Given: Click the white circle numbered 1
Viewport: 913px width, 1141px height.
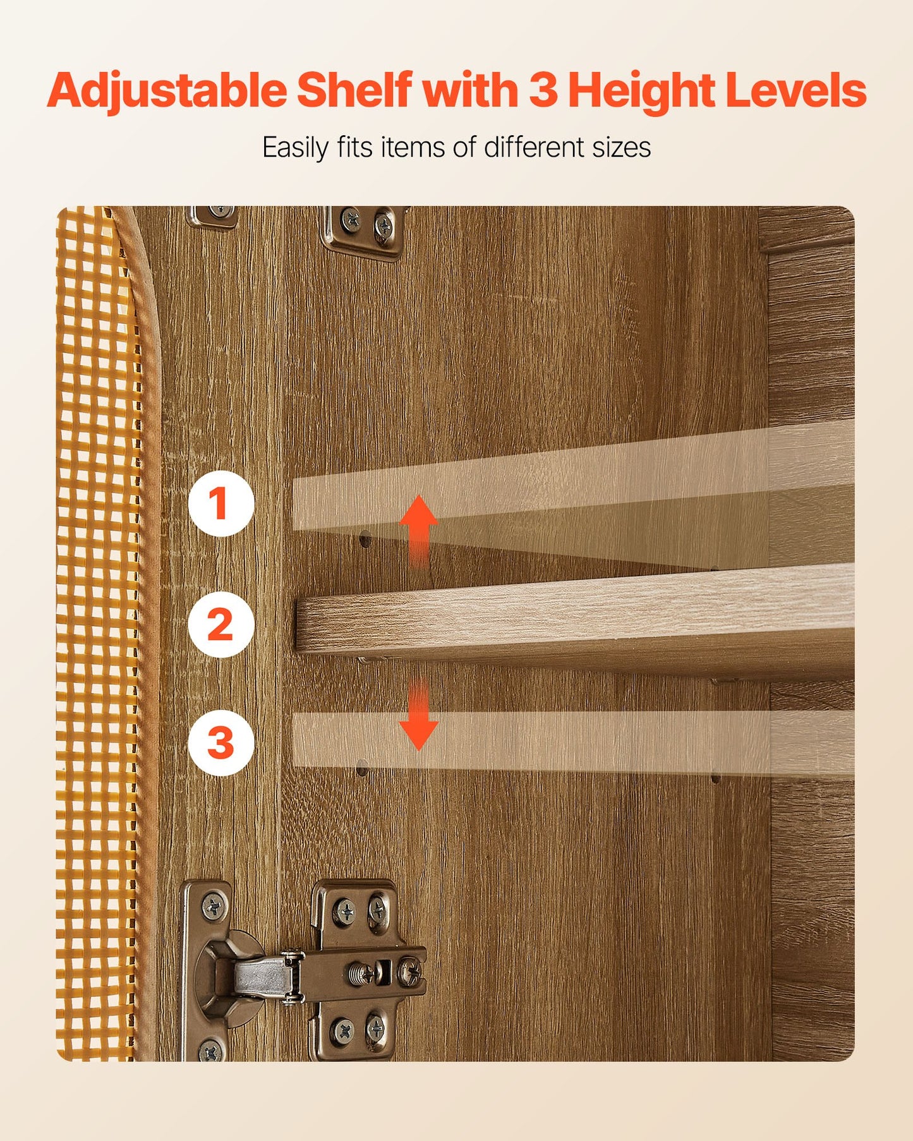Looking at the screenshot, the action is pos(221,504).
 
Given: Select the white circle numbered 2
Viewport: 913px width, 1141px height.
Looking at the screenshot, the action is pos(221,624).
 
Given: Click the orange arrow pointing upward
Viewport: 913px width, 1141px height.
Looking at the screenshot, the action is pos(418,529).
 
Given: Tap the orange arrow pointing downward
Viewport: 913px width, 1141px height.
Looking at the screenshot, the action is pos(418,716).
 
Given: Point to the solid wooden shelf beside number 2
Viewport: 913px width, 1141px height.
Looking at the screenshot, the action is pos(575,623).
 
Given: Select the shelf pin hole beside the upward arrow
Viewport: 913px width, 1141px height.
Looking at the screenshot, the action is pos(365,540).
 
